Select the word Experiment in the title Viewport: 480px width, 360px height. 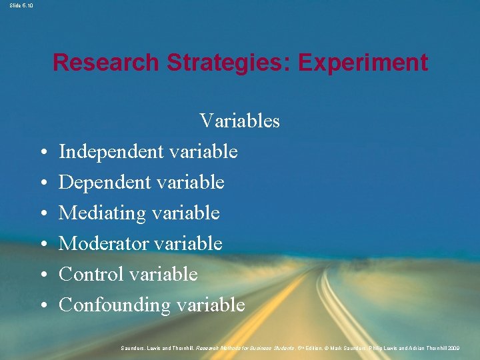(363, 63)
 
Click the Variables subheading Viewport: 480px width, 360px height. (239, 121)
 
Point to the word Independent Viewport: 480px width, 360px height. (111, 152)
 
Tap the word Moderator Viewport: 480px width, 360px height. (103, 244)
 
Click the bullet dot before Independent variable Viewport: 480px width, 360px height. (42, 153)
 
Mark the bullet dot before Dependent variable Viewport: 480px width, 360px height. (42, 183)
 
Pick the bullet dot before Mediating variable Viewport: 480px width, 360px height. (42, 214)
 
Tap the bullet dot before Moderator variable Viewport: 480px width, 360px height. (42, 245)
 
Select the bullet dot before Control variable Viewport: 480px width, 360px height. (42, 275)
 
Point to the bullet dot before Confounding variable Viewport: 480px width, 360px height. (42, 306)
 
